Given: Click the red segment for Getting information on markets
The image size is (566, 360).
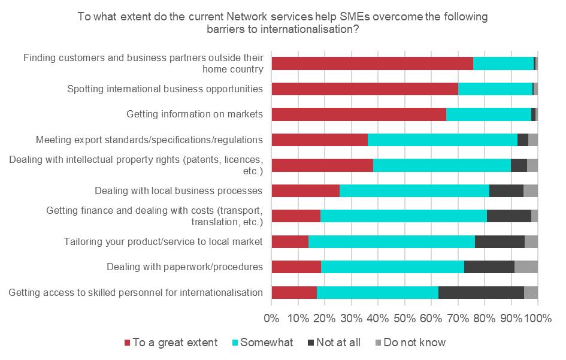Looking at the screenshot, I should [x=359, y=114].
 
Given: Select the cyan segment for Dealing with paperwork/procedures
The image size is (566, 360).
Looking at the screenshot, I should [x=392, y=267].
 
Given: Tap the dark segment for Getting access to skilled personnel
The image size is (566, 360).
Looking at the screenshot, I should [x=481, y=292].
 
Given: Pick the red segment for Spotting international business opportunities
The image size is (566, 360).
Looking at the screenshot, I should [x=365, y=89].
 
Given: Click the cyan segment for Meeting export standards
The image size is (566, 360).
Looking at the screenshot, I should [x=442, y=140].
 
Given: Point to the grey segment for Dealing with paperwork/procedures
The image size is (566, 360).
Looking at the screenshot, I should [x=526, y=267].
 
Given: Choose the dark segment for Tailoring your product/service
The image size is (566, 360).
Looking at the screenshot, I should [x=500, y=241].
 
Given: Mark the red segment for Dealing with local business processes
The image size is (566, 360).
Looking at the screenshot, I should [x=305, y=191].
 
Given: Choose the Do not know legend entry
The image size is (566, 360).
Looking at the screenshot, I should [x=414, y=343].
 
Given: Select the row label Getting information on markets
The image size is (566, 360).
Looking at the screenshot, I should [x=195, y=114].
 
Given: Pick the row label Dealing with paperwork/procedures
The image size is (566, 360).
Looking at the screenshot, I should [x=184, y=267].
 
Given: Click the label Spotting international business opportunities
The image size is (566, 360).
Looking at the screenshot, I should [x=165, y=89].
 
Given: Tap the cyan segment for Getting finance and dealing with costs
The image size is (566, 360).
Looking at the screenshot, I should [x=404, y=216].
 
